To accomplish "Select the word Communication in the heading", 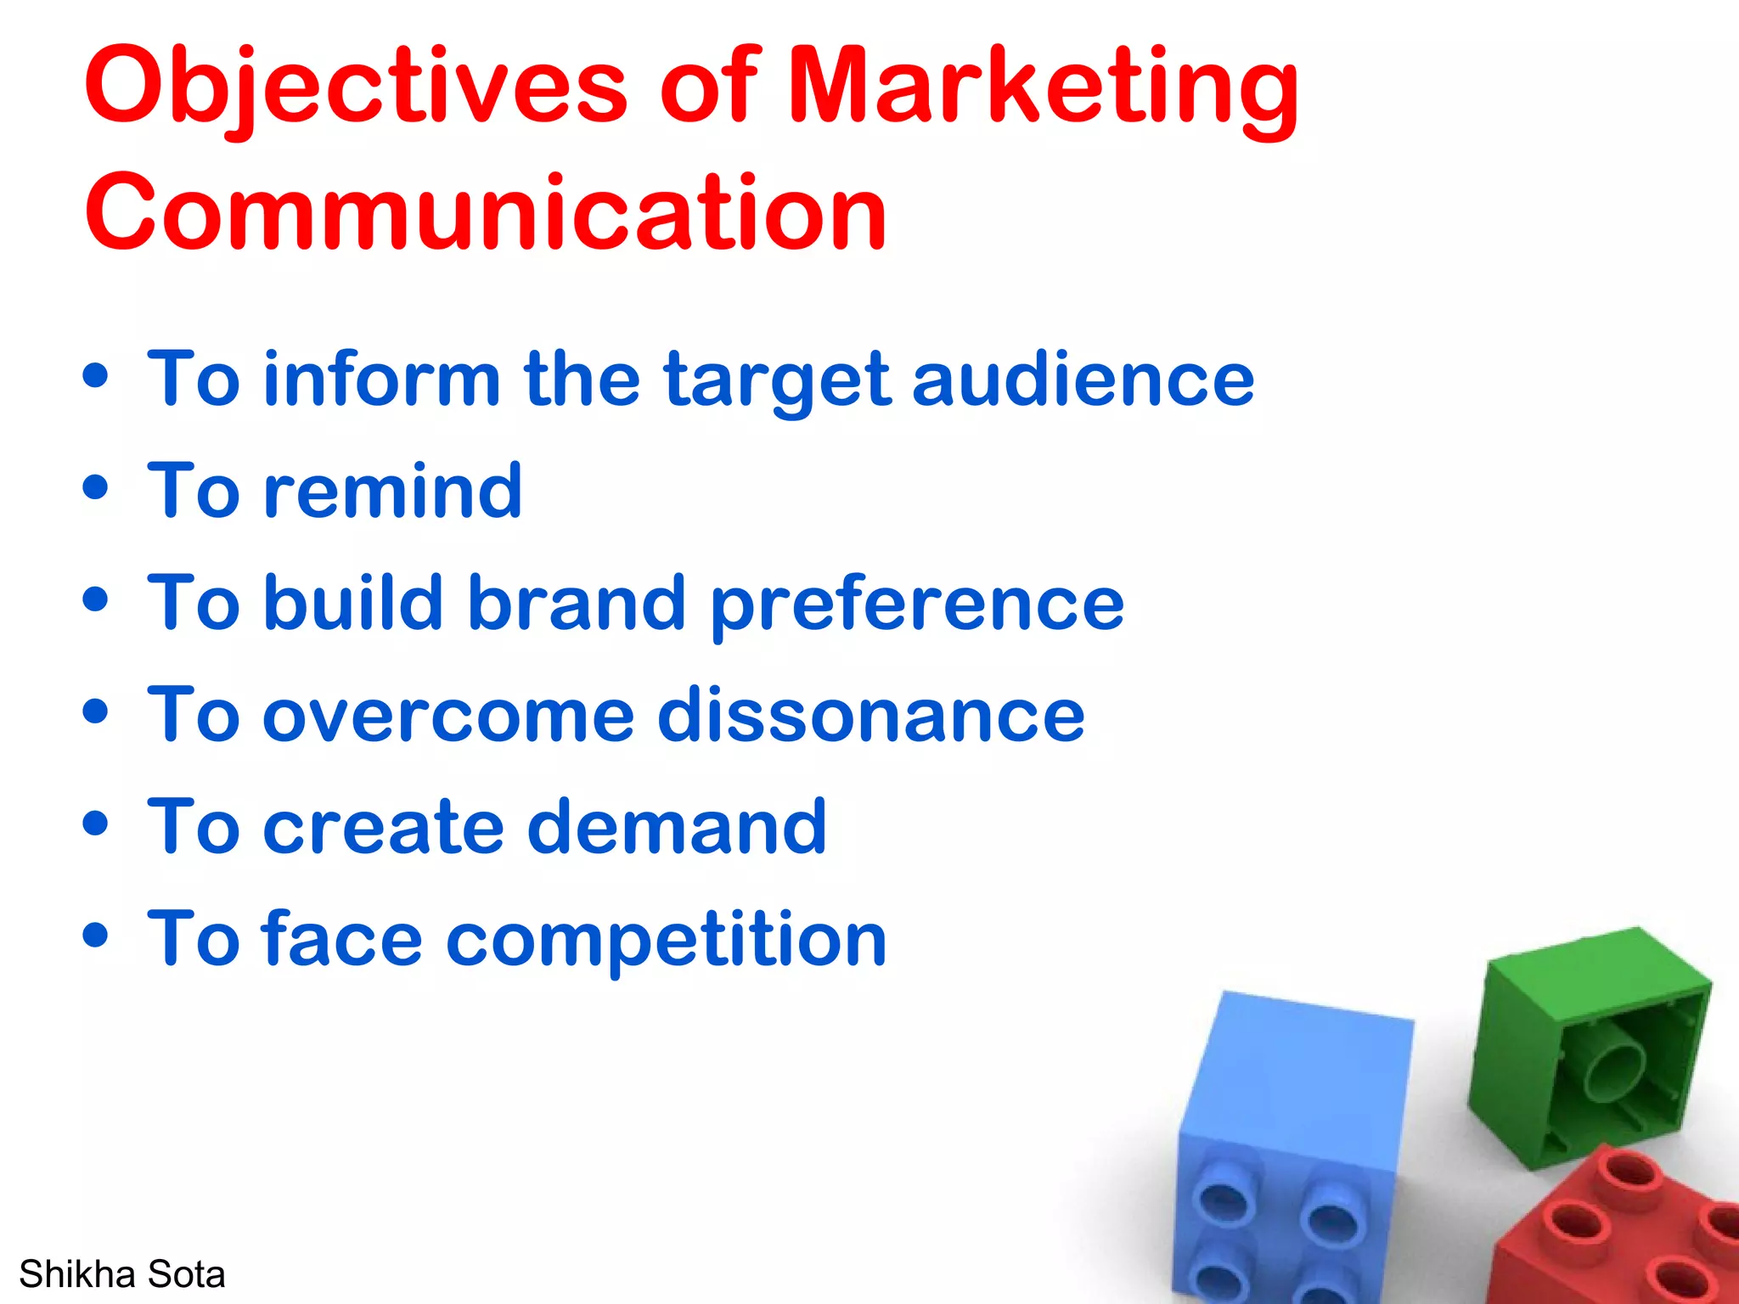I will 486,212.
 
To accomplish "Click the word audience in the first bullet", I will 1083,379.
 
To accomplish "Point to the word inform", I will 382,379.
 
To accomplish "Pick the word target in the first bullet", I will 777,382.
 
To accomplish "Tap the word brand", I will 577,603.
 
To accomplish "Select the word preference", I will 917,606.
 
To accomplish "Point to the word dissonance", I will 871,715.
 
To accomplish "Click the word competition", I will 667,941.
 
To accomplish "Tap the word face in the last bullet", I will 343,939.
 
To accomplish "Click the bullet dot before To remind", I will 96,488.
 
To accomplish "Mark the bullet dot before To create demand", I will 96,823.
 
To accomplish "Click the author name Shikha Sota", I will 122,1274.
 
